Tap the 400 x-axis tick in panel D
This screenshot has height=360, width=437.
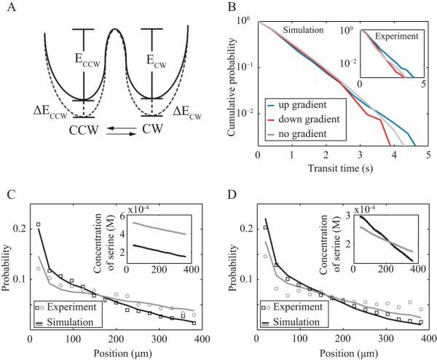pyautogui.click(x=420, y=340)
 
